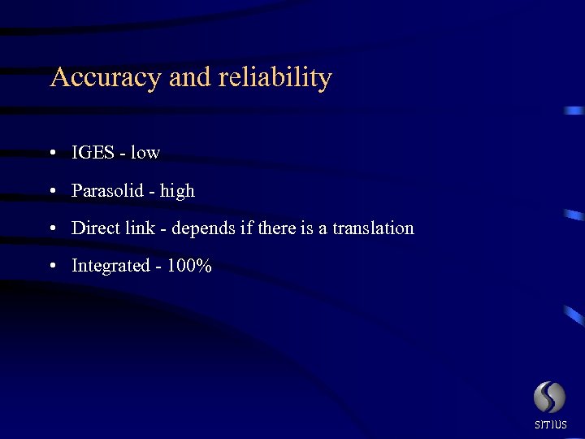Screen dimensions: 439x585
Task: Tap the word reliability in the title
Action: [276, 78]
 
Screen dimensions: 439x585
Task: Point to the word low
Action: [145, 153]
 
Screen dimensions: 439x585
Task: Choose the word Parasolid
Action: [109, 191]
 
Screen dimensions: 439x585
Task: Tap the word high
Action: [177, 191]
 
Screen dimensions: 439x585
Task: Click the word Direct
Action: [95, 228]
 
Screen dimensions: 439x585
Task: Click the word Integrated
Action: [110, 267]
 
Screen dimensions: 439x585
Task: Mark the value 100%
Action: [189, 266]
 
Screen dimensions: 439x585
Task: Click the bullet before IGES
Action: [52, 154]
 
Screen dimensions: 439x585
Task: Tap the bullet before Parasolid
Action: [52, 192]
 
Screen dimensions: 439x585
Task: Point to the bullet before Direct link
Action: [52, 229]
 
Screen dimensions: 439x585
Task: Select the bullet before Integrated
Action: [52, 267]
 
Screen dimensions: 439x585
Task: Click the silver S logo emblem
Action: [549, 398]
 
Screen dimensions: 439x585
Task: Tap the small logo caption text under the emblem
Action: [550, 425]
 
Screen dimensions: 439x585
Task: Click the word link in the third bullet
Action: [141, 228]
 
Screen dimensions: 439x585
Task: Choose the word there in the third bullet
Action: [276, 228]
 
